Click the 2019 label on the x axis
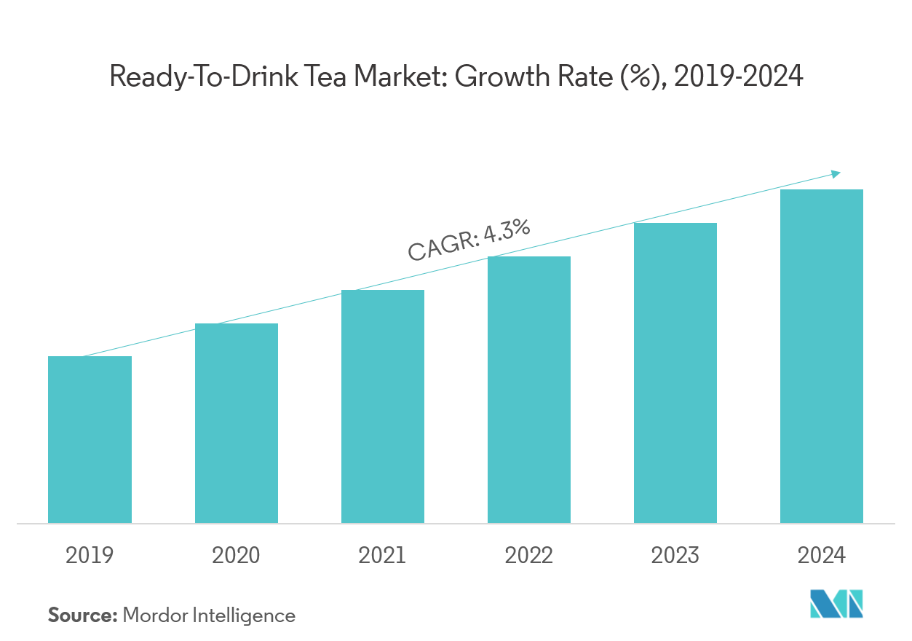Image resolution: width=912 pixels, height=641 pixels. pyautogui.click(x=90, y=556)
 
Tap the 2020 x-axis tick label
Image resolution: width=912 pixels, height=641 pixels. pyautogui.click(x=236, y=556)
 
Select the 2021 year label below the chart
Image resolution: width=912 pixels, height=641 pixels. pyautogui.click(x=382, y=556)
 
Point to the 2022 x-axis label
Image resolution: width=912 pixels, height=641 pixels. pyautogui.click(x=529, y=556)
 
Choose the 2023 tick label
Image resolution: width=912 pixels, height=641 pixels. pyautogui.click(x=675, y=556)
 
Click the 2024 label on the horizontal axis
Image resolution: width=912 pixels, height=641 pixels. pyautogui.click(x=822, y=556)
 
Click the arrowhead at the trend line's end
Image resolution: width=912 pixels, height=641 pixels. pyautogui.click(x=836, y=173)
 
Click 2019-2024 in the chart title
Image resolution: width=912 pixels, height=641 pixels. pyautogui.click(x=739, y=76)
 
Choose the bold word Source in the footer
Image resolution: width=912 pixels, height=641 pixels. pyautogui.click(x=82, y=616)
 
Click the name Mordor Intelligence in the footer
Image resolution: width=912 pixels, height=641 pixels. pyautogui.click(x=209, y=616)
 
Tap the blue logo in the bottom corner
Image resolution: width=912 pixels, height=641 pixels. pyautogui.click(x=836, y=604)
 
